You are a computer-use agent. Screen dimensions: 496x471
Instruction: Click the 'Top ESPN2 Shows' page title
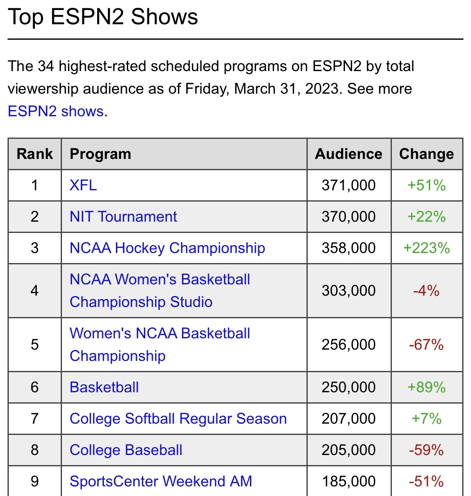[103, 17]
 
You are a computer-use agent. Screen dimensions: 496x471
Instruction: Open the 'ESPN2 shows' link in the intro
[56, 111]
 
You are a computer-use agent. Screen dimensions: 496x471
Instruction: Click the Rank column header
[35, 154]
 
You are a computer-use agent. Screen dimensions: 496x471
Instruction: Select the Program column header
[100, 154]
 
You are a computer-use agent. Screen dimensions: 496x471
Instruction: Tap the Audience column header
[349, 154]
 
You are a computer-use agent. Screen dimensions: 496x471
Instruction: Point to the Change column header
[426, 154]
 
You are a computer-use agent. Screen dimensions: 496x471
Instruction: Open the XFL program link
[83, 185]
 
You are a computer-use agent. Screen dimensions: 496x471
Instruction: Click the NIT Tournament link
[123, 217]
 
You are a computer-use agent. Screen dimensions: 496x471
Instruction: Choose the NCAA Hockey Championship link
[167, 248]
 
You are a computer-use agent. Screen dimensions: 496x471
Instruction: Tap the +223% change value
[426, 248]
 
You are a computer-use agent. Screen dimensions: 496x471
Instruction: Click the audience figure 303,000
[349, 291]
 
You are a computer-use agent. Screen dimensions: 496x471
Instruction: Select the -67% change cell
[426, 345]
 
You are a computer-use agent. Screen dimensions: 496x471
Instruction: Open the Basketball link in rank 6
[104, 387]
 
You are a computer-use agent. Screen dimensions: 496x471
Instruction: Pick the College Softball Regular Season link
[178, 419]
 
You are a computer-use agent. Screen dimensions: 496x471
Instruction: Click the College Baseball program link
[126, 450]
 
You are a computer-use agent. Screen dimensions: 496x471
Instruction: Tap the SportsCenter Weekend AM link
[161, 481]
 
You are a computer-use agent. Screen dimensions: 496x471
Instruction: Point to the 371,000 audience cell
[349, 185]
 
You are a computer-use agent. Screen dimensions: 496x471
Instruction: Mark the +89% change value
[426, 387]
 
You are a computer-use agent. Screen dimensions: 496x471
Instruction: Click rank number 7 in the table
[35, 419]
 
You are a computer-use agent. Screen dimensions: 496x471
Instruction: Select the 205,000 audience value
[349, 450]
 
